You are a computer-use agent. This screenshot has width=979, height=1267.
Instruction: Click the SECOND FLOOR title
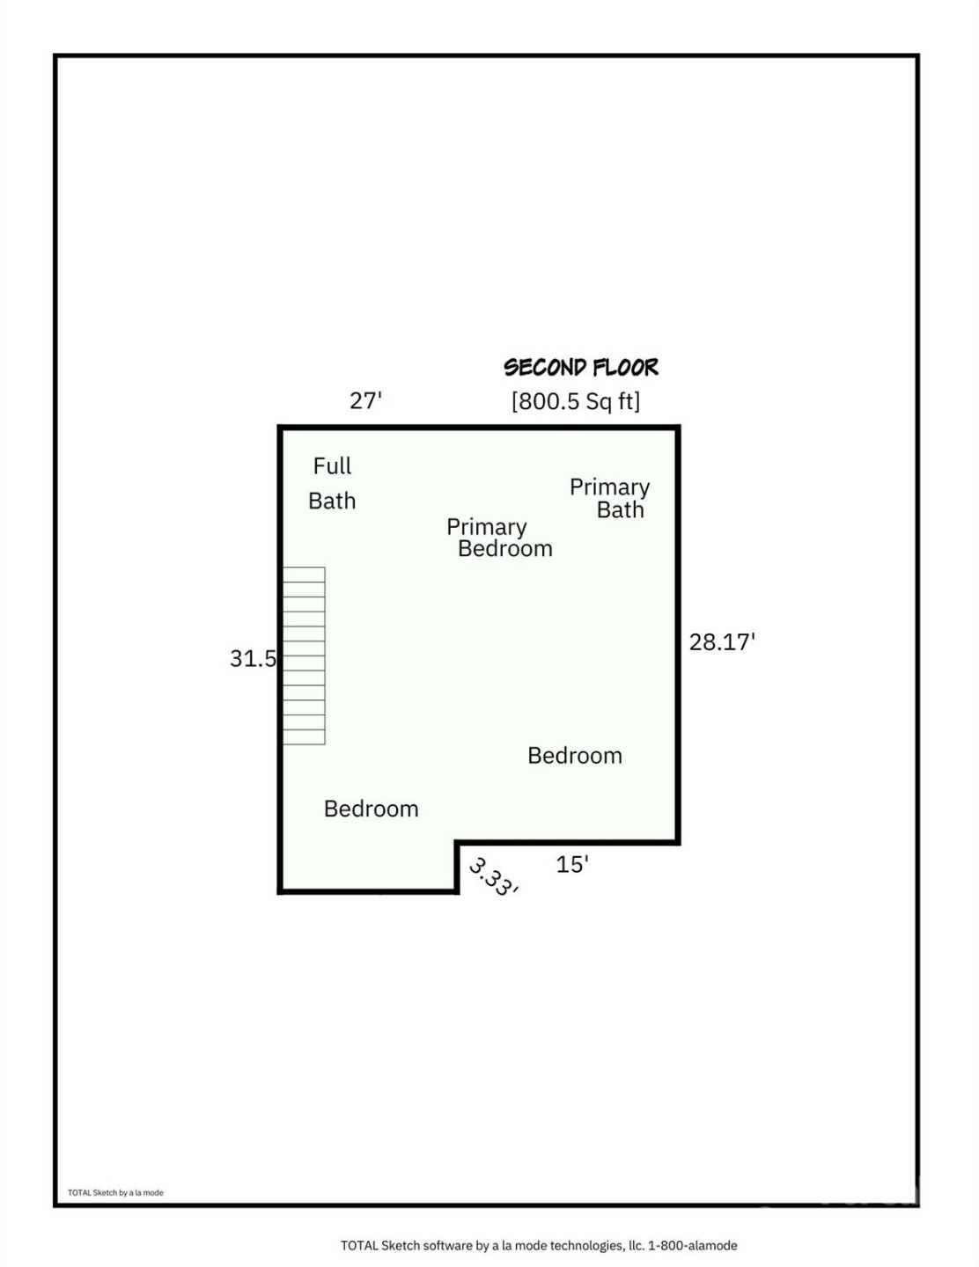tap(581, 367)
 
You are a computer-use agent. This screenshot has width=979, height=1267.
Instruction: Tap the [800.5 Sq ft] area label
tap(576, 401)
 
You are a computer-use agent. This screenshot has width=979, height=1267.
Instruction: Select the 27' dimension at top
tap(365, 400)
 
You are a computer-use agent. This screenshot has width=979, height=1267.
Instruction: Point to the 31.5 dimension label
tap(253, 658)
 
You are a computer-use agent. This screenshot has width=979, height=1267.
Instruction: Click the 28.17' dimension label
tap(722, 642)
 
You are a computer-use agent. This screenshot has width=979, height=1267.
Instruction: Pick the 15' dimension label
tap(571, 864)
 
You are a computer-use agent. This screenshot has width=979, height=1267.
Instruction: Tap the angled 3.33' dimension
tap(493, 876)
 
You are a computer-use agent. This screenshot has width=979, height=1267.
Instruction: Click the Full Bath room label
tap(332, 483)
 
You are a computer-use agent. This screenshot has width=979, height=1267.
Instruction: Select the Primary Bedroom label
tap(498, 538)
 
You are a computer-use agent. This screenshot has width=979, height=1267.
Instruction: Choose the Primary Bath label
tap(610, 498)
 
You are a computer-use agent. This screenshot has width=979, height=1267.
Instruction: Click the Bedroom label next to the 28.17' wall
tap(575, 756)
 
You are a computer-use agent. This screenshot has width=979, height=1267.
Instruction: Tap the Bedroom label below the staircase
tap(371, 809)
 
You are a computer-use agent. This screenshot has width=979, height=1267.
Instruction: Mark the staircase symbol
tap(304, 655)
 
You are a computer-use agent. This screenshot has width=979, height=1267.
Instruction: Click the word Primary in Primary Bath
tap(609, 487)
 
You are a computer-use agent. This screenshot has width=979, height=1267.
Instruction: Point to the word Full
tap(332, 465)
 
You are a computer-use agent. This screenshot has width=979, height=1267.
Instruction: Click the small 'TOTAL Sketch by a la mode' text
tap(115, 1193)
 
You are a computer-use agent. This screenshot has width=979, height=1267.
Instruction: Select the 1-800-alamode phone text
tap(693, 1245)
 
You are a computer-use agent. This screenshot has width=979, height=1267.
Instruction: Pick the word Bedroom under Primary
tap(505, 549)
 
